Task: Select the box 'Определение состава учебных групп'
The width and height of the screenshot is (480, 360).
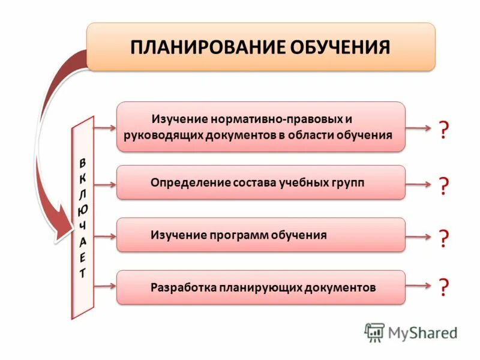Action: [260, 182]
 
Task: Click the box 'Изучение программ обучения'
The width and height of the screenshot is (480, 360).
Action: [260, 235]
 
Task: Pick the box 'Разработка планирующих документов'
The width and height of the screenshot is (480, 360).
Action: [260, 287]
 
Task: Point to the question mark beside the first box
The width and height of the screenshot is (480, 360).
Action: [443, 130]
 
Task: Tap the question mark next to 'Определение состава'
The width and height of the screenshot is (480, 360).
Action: [443, 186]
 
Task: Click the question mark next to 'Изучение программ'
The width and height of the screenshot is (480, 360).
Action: [443, 238]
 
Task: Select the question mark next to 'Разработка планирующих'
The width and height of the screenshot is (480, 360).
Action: [443, 287]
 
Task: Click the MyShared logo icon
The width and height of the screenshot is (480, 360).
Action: [374, 332]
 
